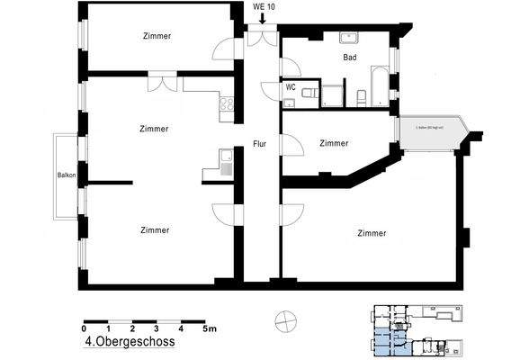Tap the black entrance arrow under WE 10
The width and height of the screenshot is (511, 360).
[262, 18]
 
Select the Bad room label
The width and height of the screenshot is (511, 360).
[350, 57]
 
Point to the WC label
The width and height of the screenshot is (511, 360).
[291, 88]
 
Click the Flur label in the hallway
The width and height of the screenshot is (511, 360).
[260, 144]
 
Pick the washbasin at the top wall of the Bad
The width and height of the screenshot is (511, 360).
[348, 38]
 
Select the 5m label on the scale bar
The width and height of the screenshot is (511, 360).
[210, 330]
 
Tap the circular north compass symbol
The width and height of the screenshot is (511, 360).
[283, 320]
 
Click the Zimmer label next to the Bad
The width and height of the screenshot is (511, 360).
[334, 143]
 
